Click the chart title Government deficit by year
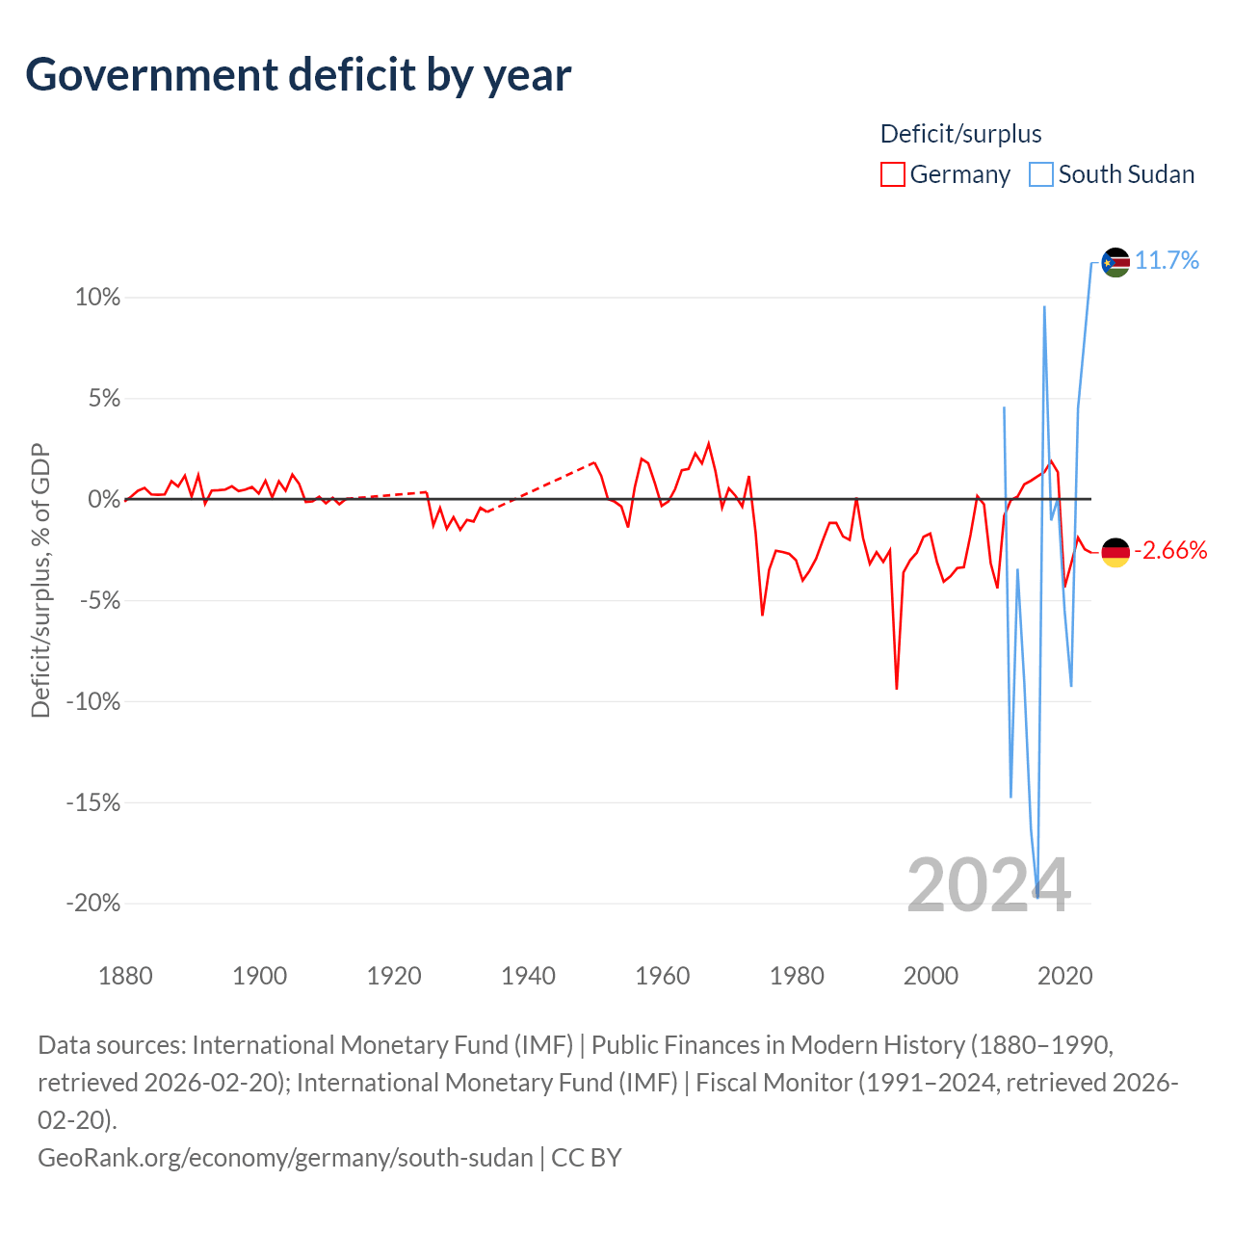click(x=298, y=76)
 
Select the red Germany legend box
click(x=893, y=174)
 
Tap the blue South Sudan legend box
click(x=1041, y=174)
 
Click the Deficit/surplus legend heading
click(x=960, y=134)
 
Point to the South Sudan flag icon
click(x=1115, y=262)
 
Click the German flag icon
click(x=1115, y=552)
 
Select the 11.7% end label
click(x=1167, y=261)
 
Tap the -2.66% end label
click(x=1170, y=550)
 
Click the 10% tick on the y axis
click(x=97, y=297)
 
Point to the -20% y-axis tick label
click(x=92, y=903)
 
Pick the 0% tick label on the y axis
click(x=104, y=499)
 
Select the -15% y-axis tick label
click(x=92, y=801)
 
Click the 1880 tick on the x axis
click(x=125, y=976)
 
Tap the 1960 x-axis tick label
click(x=662, y=976)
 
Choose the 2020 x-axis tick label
click(x=1064, y=976)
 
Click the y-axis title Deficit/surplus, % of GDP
click(x=40, y=580)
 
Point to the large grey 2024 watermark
click(x=988, y=885)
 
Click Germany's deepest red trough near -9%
click(x=897, y=688)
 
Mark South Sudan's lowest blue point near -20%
click(x=1037, y=897)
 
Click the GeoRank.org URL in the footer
click(x=285, y=1158)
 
